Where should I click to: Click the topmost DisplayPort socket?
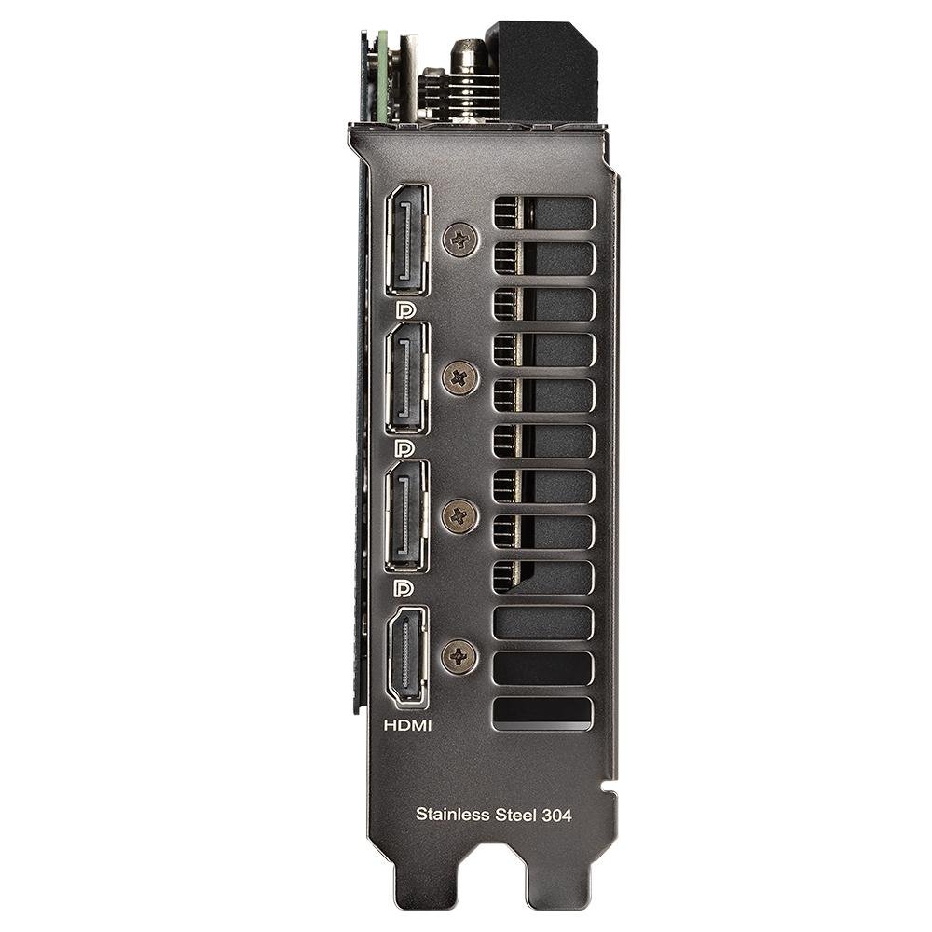pyautogui.click(x=408, y=240)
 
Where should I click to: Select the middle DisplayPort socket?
pyautogui.click(x=408, y=378)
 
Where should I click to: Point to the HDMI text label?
pyautogui.click(x=408, y=724)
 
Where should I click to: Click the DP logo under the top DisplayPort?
pyautogui.click(x=405, y=310)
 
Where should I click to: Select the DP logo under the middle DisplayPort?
pyautogui.click(x=405, y=449)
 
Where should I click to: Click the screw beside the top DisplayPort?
pyautogui.click(x=460, y=240)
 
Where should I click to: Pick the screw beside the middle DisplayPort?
pyautogui.click(x=460, y=378)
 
